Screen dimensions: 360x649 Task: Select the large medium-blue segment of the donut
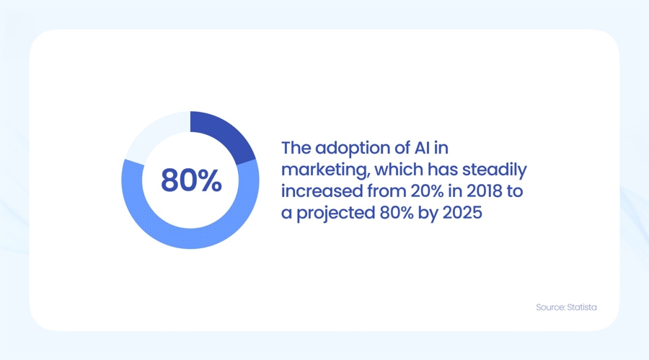(x=190, y=234)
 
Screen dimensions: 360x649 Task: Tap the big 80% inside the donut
(x=191, y=180)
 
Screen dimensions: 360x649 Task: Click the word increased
(x=317, y=192)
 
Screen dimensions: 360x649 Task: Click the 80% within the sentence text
(x=394, y=214)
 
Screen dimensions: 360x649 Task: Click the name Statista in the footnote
(x=581, y=307)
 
